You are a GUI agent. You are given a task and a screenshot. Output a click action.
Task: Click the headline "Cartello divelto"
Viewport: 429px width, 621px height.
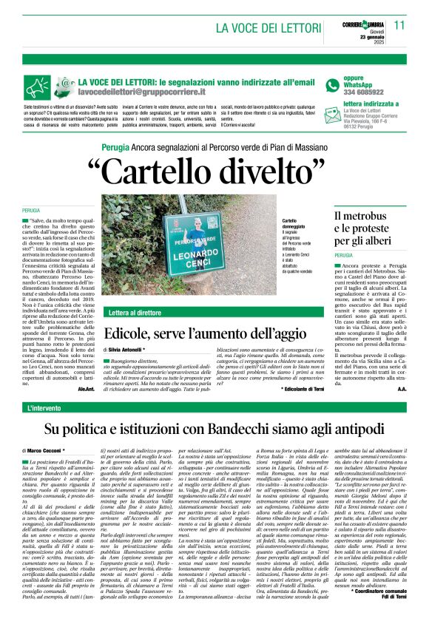214,171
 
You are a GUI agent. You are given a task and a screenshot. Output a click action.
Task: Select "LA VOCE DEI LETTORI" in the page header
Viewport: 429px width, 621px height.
263,28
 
